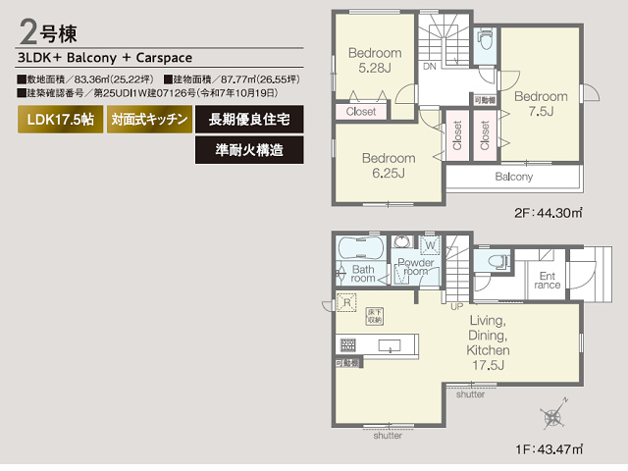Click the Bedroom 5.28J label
pyautogui.click(x=375, y=60)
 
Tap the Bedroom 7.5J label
pyautogui.click(x=541, y=104)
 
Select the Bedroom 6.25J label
pyautogui.click(x=388, y=165)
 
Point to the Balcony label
pyautogui.click(x=513, y=178)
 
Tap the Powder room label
pyautogui.click(x=416, y=268)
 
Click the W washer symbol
pyautogui.click(x=430, y=243)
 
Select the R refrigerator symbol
pyautogui.click(x=344, y=301)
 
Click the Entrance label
pyautogui.click(x=548, y=280)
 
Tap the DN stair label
pyautogui.click(x=430, y=67)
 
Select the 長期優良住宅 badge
pyautogui.click(x=249, y=121)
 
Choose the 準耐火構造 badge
pyautogui.click(x=249, y=150)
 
